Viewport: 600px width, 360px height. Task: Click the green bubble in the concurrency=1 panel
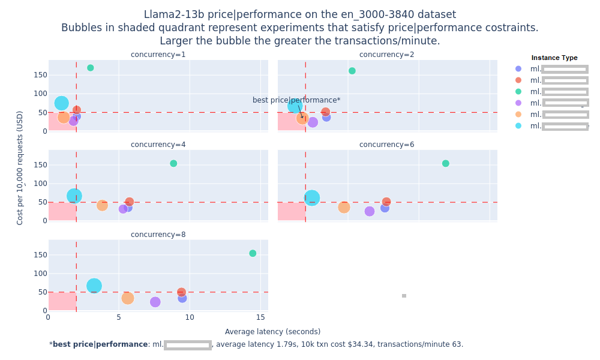pos(90,68)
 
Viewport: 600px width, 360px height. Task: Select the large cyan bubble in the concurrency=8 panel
pos(94,286)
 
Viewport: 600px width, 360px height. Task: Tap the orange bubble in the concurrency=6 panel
pos(344,207)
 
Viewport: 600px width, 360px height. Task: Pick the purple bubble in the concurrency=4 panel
pos(123,209)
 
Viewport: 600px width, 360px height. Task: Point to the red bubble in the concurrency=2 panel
pos(325,112)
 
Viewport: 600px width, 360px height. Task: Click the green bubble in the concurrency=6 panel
pos(445,163)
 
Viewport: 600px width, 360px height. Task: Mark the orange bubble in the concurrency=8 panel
pos(127,298)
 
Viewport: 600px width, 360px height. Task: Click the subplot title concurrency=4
pos(158,145)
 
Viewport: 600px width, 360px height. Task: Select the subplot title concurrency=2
pos(386,55)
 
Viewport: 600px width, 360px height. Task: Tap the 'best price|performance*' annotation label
pos(296,100)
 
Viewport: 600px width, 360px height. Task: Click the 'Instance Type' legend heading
pos(554,58)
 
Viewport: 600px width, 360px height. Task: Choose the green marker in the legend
pos(518,92)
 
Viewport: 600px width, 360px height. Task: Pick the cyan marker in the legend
pos(518,126)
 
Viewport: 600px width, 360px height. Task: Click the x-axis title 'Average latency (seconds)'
pos(272,332)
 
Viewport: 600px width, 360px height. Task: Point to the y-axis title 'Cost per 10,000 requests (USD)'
pos(20,167)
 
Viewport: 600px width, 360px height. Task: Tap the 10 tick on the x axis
pos(190,317)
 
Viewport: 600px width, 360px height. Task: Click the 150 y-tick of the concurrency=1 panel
pos(40,75)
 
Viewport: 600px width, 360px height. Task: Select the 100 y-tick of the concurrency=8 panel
pos(40,273)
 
